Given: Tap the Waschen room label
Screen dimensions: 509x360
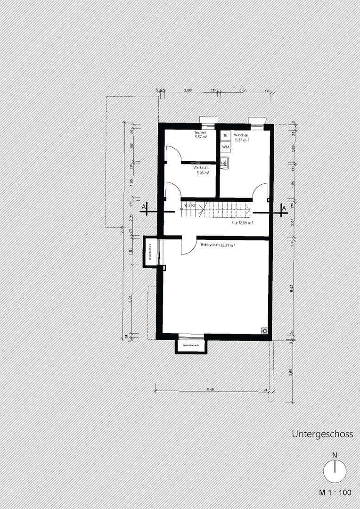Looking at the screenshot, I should pos(241,135).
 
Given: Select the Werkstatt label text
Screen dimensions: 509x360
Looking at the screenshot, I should pos(201,167).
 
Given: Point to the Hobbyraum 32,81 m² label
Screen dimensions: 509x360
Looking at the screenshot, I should pos(218,245).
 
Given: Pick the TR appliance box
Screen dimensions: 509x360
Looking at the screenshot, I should pos(225,136).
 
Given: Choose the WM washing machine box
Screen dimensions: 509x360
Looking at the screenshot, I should pos(225,147).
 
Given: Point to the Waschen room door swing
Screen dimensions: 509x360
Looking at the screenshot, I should pos(261,191).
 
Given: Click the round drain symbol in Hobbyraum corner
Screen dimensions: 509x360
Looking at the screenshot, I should pos(265,331).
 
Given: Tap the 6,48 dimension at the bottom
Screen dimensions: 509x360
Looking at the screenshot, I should pos(210,389).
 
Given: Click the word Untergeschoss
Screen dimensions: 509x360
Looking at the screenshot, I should pos(322,434).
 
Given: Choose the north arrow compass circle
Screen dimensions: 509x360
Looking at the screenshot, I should pos(335,471).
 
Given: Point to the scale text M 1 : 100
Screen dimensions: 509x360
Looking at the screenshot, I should pos(335,493).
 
